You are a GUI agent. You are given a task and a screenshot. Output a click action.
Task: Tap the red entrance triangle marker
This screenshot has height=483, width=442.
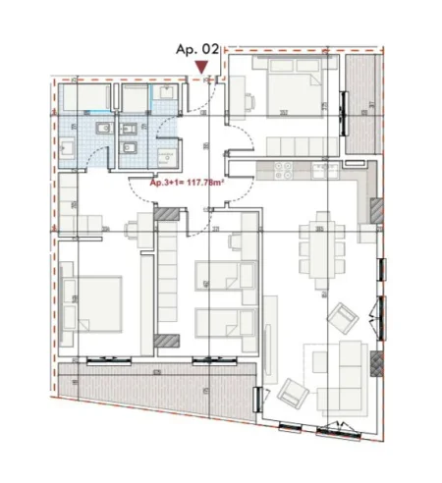tap(201, 68)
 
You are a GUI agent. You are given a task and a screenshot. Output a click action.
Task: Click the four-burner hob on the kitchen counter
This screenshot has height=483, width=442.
tap(285, 170)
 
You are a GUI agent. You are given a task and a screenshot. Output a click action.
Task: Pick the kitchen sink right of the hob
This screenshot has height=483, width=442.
tap(323, 170)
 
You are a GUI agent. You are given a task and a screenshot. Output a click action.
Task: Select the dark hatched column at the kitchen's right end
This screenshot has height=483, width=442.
tap(375, 209)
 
